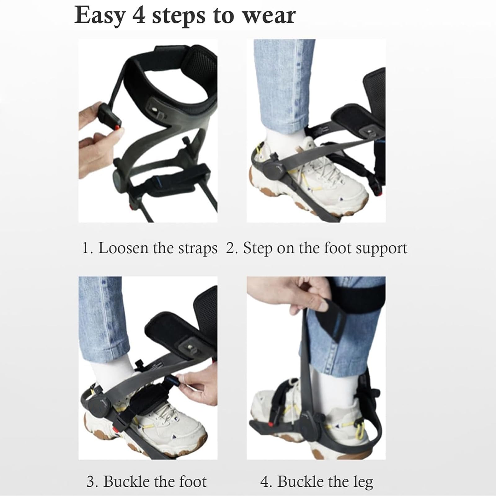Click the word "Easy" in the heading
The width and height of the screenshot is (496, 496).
click(100, 15)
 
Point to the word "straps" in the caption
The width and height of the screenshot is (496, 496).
click(197, 249)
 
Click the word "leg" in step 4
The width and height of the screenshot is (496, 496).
click(363, 482)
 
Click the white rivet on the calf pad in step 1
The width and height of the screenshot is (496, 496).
click(154, 110)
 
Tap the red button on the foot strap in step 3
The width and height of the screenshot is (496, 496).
click(117, 430)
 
